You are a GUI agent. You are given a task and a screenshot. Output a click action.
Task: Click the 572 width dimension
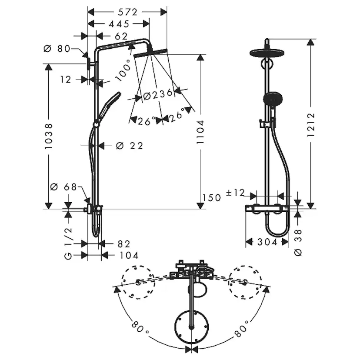127,12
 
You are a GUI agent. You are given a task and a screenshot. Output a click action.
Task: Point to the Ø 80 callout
57,48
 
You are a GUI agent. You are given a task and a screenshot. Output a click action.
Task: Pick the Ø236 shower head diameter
158,95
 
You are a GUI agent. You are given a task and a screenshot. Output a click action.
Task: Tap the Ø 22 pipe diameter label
130,146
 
